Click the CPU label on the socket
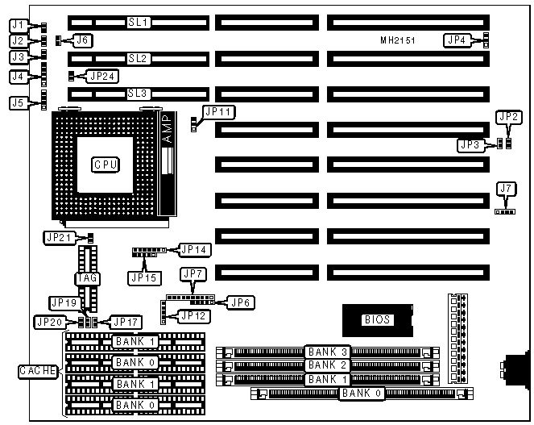click(x=106, y=164)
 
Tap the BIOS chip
click(x=376, y=319)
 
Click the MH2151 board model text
click(x=397, y=40)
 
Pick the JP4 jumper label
click(x=457, y=39)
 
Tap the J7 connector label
click(x=506, y=190)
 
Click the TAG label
click(x=88, y=278)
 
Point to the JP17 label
click(x=125, y=322)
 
